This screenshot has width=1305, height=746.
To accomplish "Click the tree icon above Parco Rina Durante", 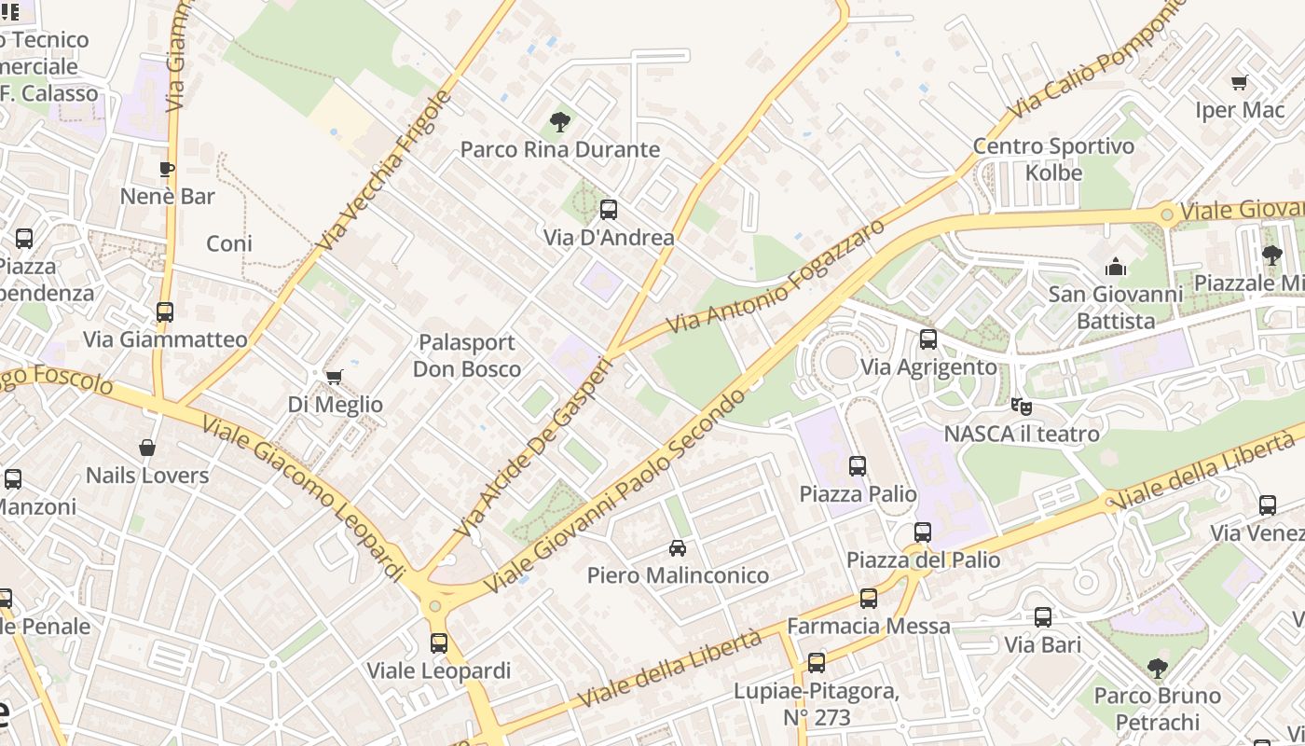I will pos(559,121).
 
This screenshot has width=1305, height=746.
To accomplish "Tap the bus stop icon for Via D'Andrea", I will pos(609,210).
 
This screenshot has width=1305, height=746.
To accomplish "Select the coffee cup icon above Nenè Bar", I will pos(167,169).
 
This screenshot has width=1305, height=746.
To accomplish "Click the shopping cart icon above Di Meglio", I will pos(335,377).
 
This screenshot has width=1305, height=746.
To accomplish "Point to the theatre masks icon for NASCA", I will pos(1022,407).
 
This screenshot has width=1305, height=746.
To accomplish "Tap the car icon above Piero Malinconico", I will pos(678,548).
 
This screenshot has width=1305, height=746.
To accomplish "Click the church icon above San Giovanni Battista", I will pos(1116,268).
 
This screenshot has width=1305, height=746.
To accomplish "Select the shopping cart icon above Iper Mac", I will pos(1240,83).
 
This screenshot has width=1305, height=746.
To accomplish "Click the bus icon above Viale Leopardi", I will pos(438,642).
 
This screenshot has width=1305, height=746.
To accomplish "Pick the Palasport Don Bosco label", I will pos(467,355).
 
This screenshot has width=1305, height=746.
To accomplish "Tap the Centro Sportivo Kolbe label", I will pos(1054,159).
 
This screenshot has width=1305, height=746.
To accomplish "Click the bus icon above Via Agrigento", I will pos(928,339).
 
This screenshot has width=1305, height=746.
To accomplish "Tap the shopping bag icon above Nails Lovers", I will pos(147,449).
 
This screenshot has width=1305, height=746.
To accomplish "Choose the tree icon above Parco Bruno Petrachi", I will pos(1157,668).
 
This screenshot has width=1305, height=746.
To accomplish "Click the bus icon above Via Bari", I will pos(1043,617).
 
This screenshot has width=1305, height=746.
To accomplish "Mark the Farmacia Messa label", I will pos(869,626).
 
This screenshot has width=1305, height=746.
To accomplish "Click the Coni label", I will pos(229,243).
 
